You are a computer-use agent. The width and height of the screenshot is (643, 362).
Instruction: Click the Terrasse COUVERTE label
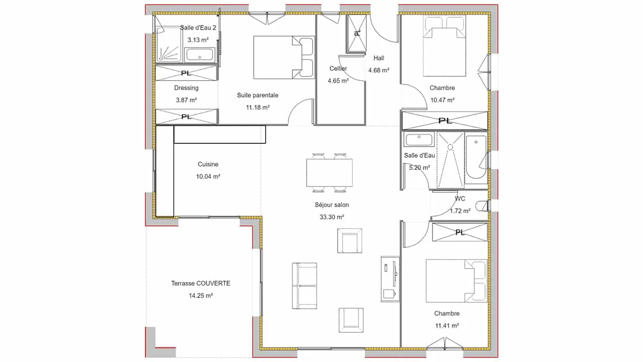(200, 283)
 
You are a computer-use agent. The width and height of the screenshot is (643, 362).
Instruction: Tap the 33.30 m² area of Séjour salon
(332, 217)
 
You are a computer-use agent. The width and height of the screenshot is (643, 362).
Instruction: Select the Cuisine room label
(208, 164)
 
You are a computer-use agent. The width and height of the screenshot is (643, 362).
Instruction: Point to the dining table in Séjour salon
(329, 173)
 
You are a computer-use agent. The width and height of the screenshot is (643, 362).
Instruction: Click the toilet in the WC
(481, 206)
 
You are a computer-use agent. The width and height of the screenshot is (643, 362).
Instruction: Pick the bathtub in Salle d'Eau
(476, 157)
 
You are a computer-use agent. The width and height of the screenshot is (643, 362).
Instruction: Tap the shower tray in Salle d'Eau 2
(168, 44)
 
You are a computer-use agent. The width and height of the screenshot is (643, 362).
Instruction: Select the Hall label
(379, 58)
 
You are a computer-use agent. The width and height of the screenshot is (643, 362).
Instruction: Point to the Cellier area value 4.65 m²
(338, 81)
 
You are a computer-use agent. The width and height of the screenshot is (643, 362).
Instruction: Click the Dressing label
(186, 87)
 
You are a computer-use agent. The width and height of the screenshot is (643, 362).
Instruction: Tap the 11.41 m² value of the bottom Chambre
(447, 326)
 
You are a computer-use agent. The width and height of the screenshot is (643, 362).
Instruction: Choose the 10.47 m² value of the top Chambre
(443, 100)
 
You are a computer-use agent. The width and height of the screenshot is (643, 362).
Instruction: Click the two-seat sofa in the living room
(304, 286)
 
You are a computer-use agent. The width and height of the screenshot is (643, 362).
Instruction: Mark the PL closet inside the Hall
(356, 34)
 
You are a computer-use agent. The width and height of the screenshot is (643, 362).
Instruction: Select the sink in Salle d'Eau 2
(199, 55)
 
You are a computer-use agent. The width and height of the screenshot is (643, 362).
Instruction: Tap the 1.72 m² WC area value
(460, 211)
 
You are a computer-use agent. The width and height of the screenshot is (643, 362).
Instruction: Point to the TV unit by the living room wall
(390, 279)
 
